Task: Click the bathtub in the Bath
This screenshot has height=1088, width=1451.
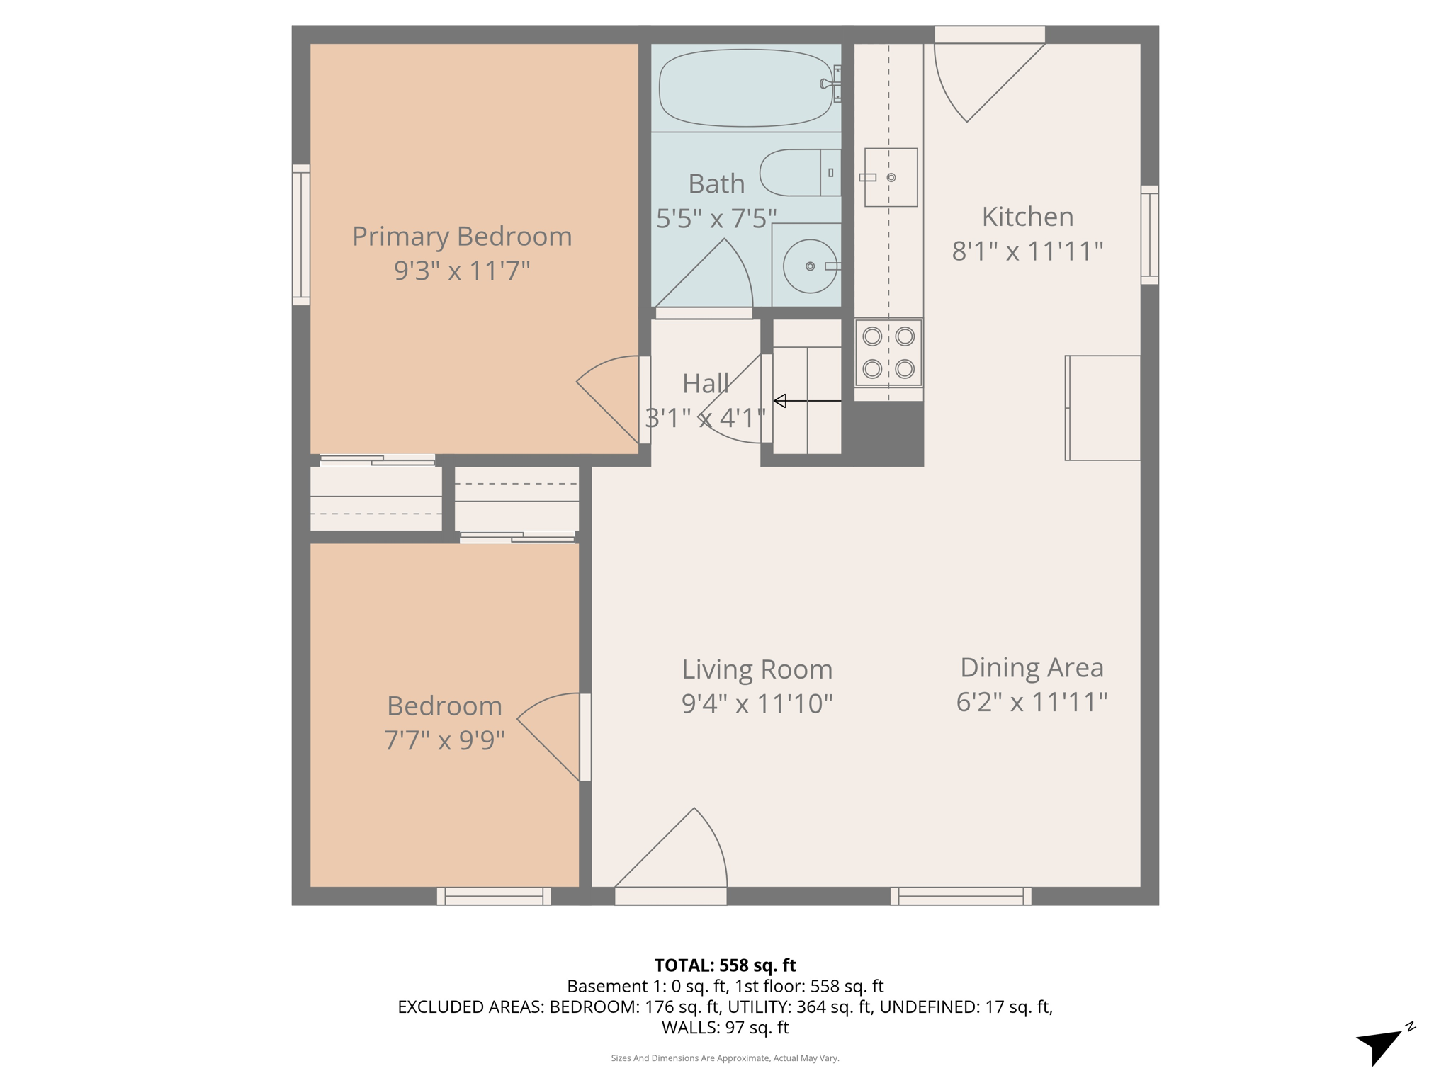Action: [745, 88]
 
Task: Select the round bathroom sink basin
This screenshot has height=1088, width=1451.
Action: [810, 266]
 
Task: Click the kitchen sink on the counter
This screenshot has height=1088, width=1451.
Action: [891, 177]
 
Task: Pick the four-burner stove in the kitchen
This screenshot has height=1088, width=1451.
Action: [888, 353]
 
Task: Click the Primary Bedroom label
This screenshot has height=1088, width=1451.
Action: [462, 237]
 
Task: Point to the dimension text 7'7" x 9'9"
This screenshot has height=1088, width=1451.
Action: [444, 740]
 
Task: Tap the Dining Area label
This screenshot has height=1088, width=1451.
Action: [1032, 667]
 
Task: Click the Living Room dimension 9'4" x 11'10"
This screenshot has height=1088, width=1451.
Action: [757, 703]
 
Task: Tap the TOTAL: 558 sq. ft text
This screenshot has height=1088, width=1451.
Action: [725, 965]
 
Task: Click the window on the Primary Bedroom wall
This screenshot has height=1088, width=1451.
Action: [301, 235]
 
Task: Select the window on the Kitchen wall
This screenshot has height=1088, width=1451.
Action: [1149, 235]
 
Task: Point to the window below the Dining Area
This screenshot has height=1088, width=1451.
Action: [961, 896]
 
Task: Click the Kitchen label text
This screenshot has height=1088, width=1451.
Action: [1027, 217]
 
